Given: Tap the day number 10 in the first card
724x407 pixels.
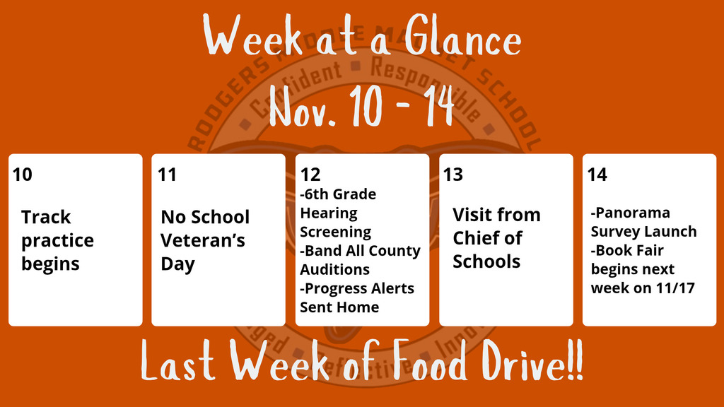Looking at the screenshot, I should pyautogui.click(x=23, y=174).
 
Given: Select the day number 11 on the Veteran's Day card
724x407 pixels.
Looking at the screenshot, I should pyautogui.click(x=167, y=174).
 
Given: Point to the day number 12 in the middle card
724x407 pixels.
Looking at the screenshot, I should pyautogui.click(x=310, y=175).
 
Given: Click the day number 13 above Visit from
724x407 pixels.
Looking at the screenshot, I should pyautogui.click(x=453, y=174).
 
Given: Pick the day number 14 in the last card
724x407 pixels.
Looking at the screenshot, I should pyautogui.click(x=597, y=174).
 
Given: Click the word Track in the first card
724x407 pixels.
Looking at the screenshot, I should pyautogui.click(x=46, y=217).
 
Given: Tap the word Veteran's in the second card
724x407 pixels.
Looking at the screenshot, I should pyautogui.click(x=203, y=240).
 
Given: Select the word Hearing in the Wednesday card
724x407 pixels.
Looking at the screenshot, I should pyautogui.click(x=329, y=213).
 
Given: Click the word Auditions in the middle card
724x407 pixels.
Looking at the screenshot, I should pyautogui.click(x=334, y=269).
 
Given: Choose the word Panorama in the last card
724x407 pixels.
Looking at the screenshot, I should pyautogui.click(x=632, y=213).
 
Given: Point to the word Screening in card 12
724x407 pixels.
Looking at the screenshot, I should pyautogui.click(x=336, y=232).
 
